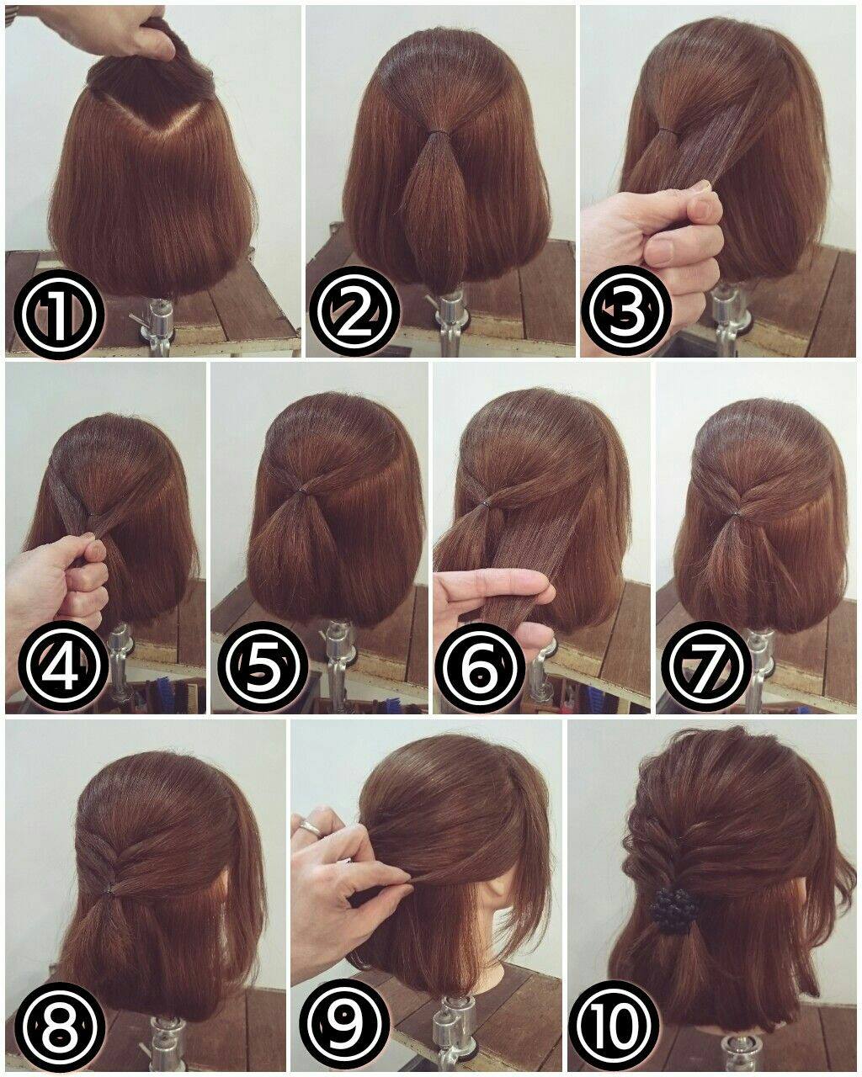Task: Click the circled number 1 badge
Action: (59, 313)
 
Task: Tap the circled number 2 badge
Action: (354, 311)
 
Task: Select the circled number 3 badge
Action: (629, 311)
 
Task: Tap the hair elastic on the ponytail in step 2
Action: (439, 132)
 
